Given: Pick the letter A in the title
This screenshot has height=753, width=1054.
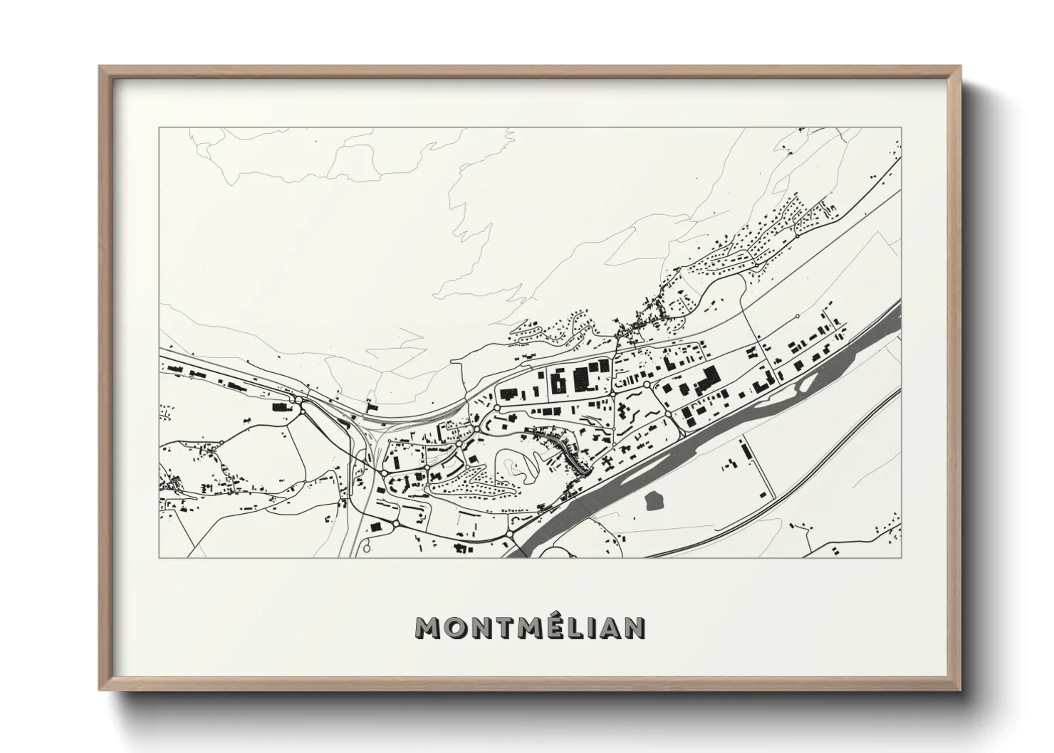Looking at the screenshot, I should pos(609,628).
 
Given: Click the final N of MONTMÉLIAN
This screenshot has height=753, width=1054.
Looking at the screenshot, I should pos(635,628).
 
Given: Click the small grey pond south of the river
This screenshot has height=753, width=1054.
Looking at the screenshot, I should pos(652,500).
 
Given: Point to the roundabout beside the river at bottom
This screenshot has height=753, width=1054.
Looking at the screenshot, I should pos(511,534).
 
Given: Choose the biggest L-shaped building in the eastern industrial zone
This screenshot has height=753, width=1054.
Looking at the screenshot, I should pos(706,379).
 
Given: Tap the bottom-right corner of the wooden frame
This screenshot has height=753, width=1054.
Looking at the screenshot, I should pos(961,689).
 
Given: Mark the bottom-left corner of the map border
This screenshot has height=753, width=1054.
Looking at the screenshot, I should pos(160,557).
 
